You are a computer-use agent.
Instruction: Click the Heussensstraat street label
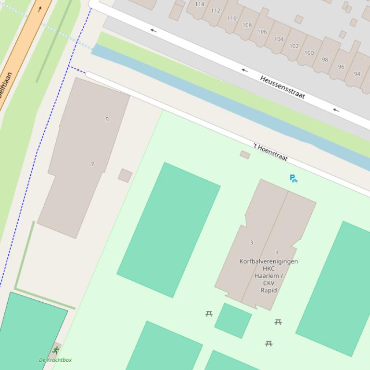click(x=282, y=87)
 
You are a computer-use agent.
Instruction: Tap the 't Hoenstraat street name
click(x=270, y=151)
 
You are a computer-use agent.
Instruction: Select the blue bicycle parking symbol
click(x=293, y=178)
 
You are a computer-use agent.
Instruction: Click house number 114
click(x=200, y=4)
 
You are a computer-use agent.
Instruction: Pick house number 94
click(x=357, y=74)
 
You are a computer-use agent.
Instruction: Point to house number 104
click(x=279, y=39)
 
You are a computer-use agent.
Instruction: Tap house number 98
click(x=325, y=60)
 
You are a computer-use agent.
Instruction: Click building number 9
click(x=107, y=119)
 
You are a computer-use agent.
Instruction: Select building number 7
click(x=92, y=164)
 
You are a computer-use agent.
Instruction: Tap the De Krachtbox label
click(x=55, y=360)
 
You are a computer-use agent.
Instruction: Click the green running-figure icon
click(x=56, y=350)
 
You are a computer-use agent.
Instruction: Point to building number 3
click(x=251, y=243)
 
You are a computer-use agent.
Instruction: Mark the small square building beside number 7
click(x=125, y=175)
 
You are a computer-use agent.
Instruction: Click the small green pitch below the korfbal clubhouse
click(x=233, y=320)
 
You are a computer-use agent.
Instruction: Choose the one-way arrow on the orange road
click(x=39, y=9)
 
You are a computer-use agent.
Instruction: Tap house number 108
click(x=247, y=25)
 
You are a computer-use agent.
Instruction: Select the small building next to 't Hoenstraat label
click(x=245, y=155)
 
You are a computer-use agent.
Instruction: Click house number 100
click(x=309, y=53)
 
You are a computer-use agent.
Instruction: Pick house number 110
click(x=231, y=18)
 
